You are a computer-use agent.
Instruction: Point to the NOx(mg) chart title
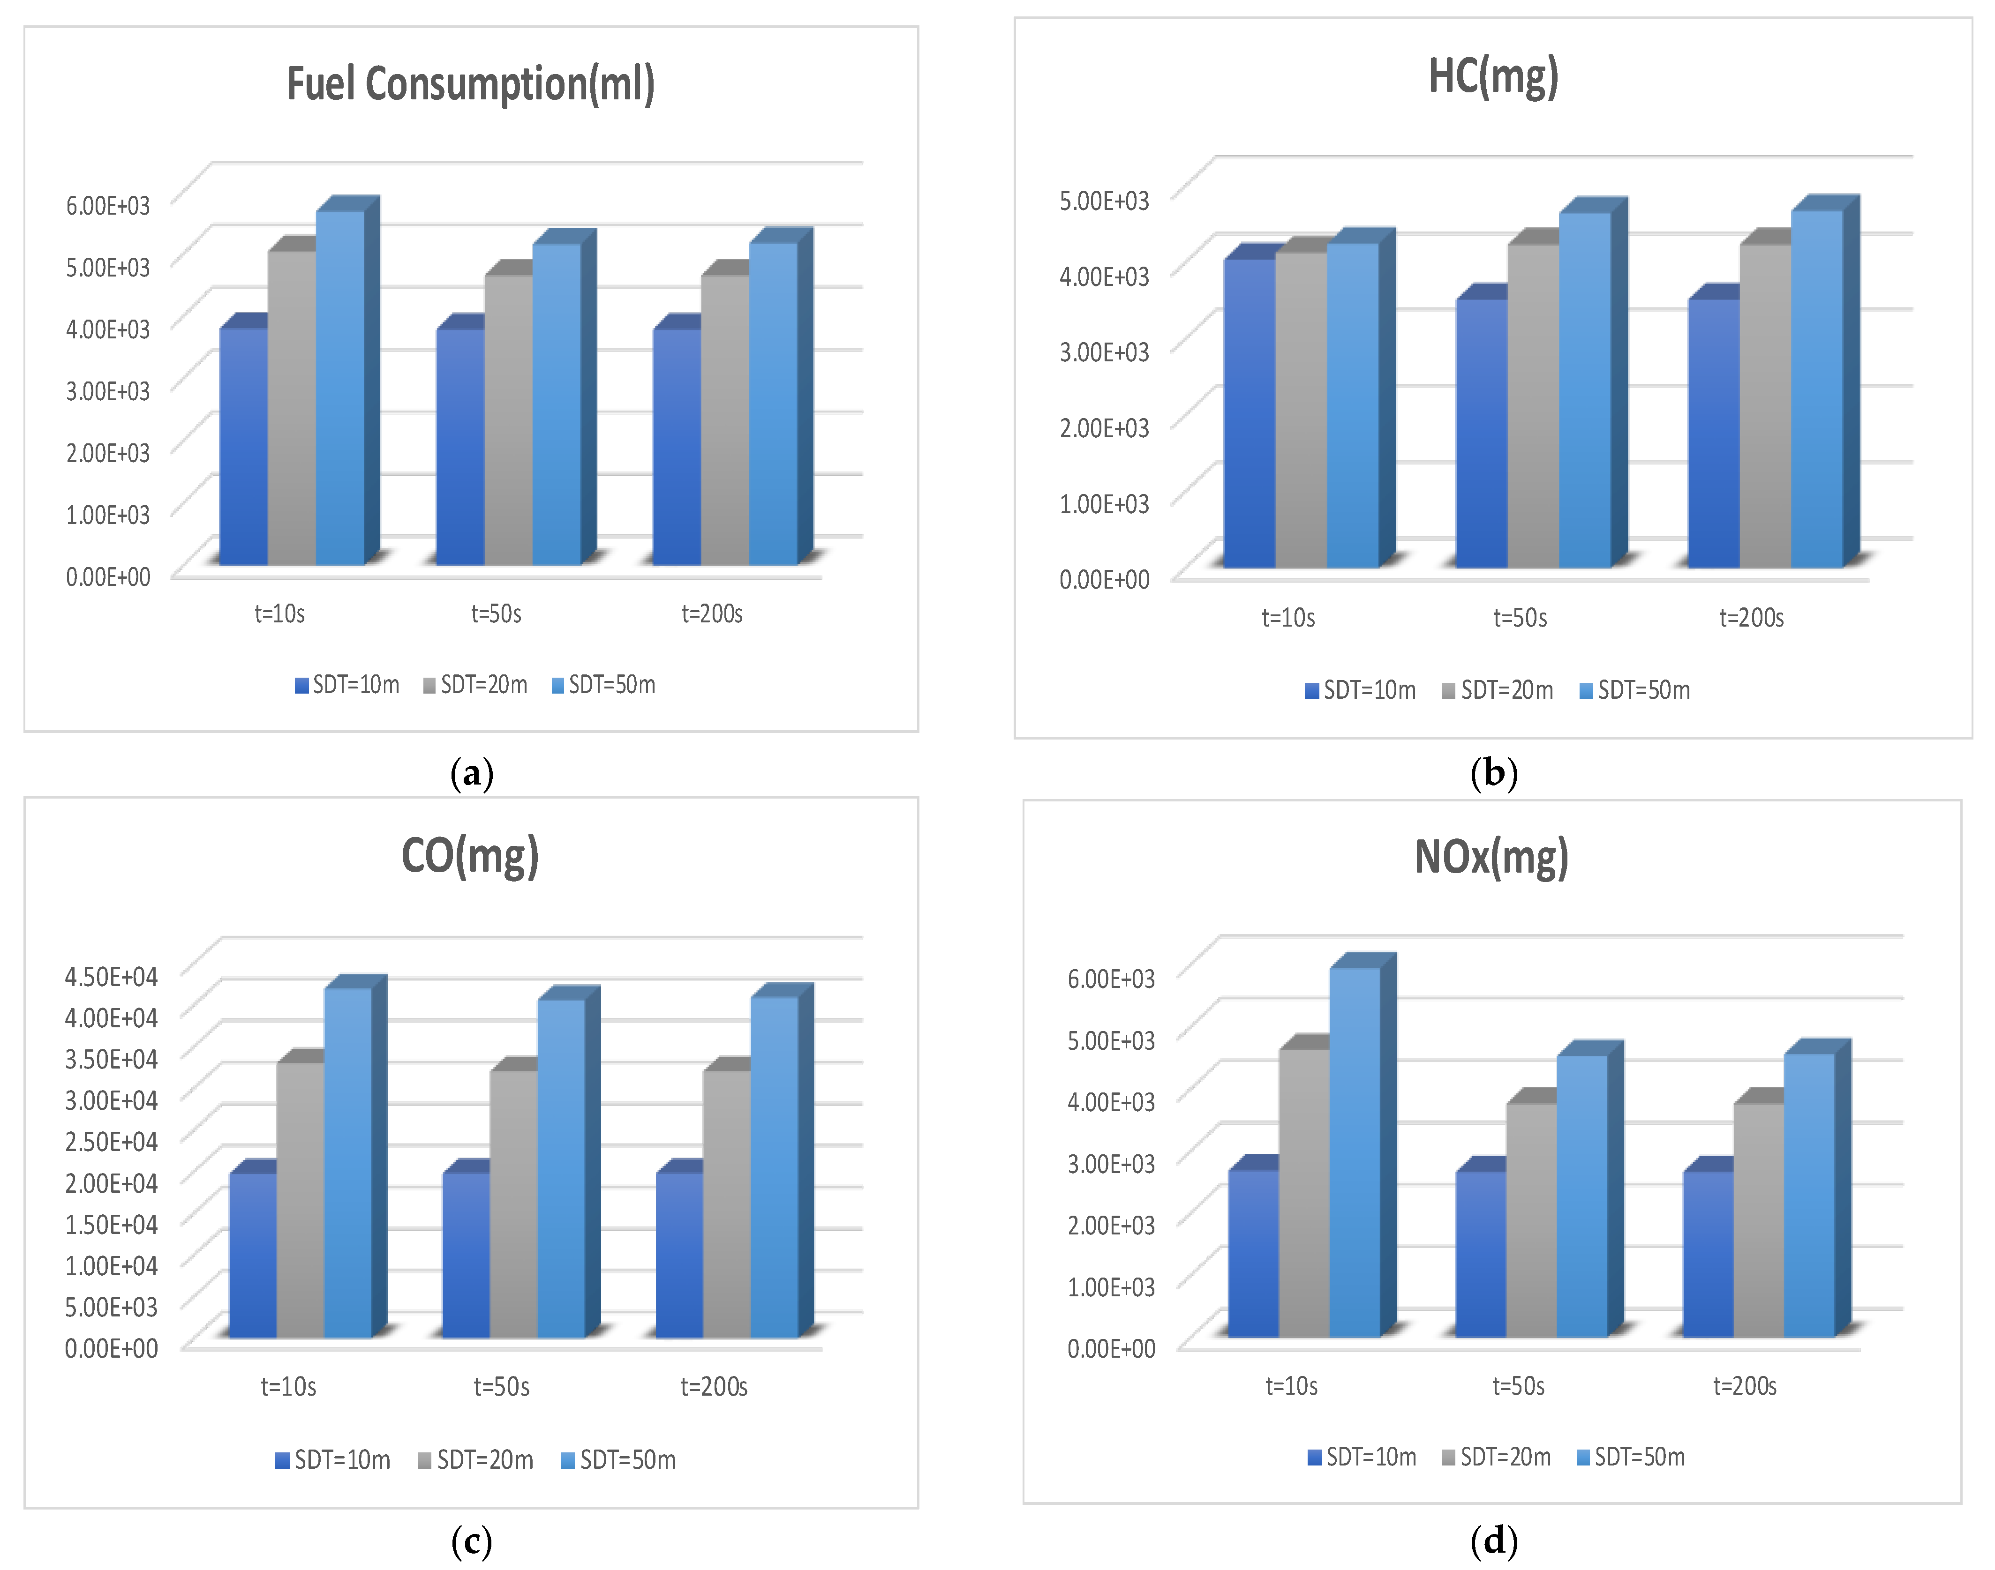(1491, 857)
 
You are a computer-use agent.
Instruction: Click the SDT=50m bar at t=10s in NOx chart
(1354, 1149)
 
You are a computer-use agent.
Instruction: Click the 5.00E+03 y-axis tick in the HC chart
(1104, 201)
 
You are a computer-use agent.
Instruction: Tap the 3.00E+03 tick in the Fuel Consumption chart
(107, 391)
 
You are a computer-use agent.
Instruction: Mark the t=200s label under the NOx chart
(1744, 1385)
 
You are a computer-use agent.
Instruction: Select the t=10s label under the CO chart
(288, 1386)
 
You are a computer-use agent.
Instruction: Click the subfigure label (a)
(472, 774)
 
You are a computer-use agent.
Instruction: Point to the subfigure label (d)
(1493, 1540)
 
